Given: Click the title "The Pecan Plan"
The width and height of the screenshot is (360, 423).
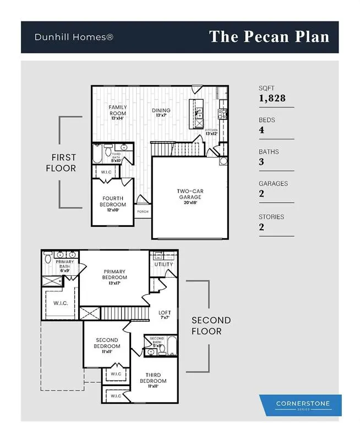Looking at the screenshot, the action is pos(269,37).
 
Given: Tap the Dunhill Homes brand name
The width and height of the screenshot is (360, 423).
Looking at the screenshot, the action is pos(74,37).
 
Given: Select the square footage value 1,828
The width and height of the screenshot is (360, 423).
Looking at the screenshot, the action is pos(272,99).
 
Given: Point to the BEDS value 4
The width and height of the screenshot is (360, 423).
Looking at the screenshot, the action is pos(261,130).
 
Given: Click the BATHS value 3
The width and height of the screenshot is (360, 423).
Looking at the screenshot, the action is pos(261,162).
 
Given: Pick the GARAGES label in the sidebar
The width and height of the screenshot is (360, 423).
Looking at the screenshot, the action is pos(273,184).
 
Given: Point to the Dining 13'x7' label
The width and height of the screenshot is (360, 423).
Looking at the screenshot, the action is pos(161,112).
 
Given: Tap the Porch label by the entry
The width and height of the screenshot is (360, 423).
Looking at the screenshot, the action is pos(143,211).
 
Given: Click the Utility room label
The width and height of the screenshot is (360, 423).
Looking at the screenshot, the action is pos(163,264).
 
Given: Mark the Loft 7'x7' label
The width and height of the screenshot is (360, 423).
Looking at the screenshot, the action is pos(165,315).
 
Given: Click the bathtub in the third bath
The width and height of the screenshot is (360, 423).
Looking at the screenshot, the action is pos(97,154).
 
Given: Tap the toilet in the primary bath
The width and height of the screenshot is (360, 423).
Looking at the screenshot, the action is pos(48,257).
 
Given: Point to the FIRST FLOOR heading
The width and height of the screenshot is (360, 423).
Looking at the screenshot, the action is pos(61,163).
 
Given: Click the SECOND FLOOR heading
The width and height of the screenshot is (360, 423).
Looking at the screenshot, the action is pos(211,326).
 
